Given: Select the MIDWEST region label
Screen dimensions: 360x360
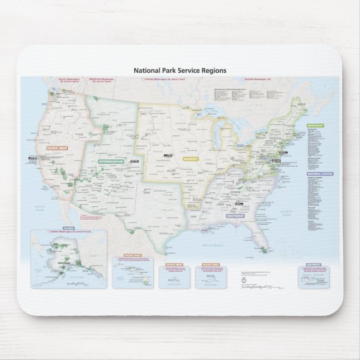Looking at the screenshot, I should pos(190,159).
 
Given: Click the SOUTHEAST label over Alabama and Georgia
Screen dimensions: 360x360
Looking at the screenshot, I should pos(235,215).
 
